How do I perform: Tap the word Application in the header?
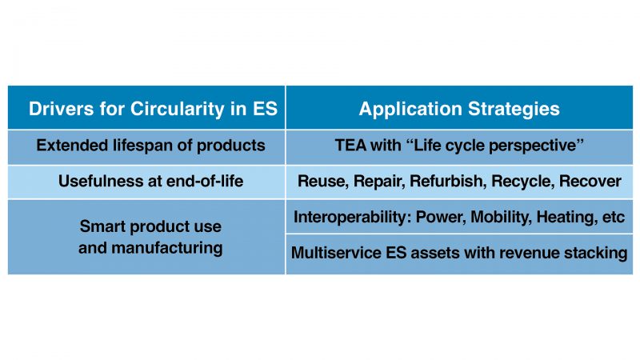[407, 109]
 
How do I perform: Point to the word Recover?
[590, 182]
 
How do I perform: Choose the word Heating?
[571, 217]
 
